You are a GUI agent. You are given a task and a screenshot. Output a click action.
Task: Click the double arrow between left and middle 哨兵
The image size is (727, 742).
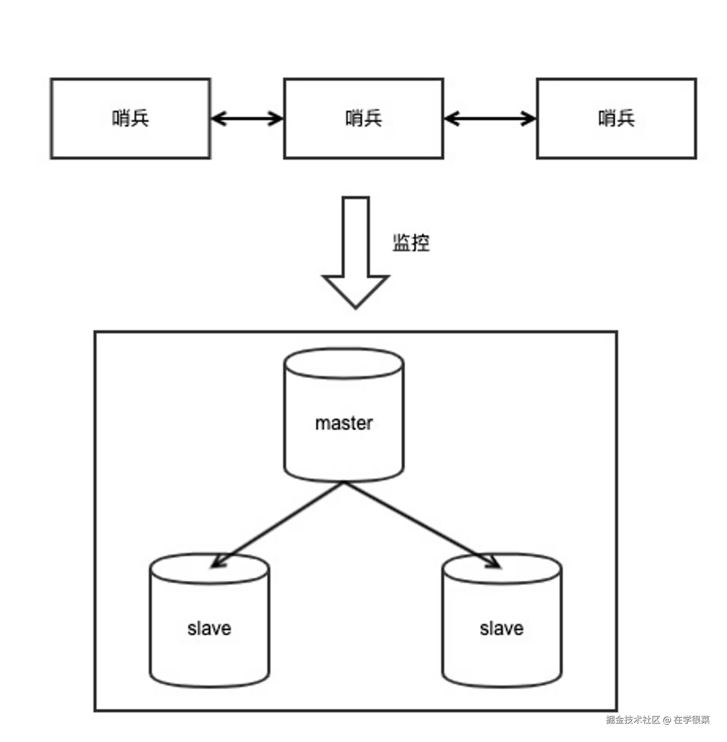click(x=247, y=119)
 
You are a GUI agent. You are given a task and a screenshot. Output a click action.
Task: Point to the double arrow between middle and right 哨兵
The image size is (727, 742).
click(x=490, y=119)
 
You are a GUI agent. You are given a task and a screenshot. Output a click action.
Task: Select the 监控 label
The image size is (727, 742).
click(x=411, y=243)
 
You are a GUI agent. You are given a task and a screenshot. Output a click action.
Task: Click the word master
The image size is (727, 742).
click(x=344, y=423)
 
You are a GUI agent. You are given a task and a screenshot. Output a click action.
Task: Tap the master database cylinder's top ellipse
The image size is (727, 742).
click(x=344, y=363)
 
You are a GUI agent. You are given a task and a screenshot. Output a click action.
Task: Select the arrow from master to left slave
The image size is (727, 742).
click(x=279, y=525)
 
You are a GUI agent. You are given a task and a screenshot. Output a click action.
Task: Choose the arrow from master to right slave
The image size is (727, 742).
click(x=420, y=525)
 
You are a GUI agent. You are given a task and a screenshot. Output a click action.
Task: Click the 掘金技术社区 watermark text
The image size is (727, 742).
click(x=633, y=719)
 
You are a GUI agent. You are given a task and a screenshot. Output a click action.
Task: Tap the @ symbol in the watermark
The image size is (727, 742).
click(x=667, y=720)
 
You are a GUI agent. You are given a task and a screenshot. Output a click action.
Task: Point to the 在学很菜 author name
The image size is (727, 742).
click(x=691, y=719)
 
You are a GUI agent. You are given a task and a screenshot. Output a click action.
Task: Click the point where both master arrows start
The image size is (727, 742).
click(x=344, y=483)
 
